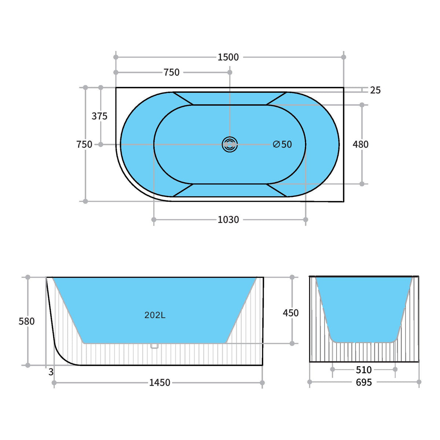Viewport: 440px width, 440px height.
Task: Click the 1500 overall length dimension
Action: click(x=228, y=57)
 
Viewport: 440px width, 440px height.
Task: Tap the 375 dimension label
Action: click(x=99, y=116)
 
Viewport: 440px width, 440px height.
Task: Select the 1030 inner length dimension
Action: click(x=228, y=220)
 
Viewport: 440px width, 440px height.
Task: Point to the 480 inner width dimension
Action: click(x=360, y=144)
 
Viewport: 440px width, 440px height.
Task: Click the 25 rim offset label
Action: click(x=375, y=91)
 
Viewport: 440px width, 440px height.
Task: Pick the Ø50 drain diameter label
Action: click(x=282, y=144)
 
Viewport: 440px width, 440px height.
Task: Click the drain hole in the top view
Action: click(x=230, y=144)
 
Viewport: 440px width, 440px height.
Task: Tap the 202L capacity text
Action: click(x=155, y=315)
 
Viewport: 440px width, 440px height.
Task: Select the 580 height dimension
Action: click(x=26, y=321)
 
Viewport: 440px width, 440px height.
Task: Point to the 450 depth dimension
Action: click(x=290, y=313)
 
